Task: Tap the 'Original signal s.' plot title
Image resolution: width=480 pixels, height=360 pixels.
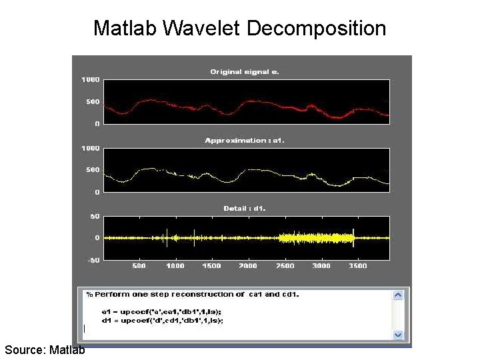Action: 245,71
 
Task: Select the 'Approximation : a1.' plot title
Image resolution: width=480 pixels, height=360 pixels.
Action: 245,140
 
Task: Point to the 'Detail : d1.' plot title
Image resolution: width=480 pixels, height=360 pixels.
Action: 245,209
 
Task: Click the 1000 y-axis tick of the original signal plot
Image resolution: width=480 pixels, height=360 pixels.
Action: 91,79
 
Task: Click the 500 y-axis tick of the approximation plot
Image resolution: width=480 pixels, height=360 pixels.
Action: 93,170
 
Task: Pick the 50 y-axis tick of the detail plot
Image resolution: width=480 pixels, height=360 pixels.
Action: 95,217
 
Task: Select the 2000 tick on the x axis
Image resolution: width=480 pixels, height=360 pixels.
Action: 247,266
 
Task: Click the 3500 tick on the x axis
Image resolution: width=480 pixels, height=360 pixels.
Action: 357,266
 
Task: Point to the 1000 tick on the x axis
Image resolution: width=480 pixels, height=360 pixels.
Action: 175,266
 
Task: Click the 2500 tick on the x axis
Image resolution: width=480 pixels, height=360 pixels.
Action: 284,266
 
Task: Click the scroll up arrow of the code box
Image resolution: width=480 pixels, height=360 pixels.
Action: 398,295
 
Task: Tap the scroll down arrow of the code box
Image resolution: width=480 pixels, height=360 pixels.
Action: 398,334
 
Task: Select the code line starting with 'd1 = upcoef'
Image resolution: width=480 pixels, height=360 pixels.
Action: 162,320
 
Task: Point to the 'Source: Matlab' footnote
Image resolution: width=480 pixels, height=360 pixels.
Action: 44,349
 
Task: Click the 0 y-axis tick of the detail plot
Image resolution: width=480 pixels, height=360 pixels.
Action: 97,238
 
